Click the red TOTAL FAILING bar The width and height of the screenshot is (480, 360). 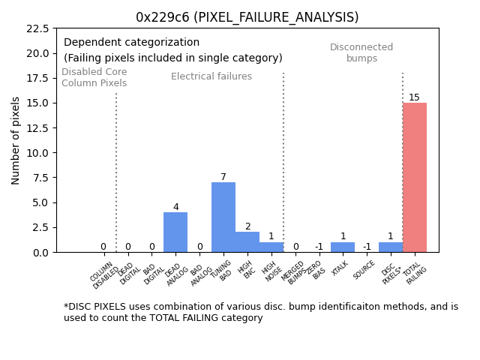[x=414, y=178]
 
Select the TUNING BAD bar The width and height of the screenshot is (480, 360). [x=223, y=217]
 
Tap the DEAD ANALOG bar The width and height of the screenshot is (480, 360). [x=175, y=232]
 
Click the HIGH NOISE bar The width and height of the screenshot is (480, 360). [x=271, y=247]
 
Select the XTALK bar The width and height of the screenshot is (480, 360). [x=343, y=247]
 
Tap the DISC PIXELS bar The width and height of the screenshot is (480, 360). [x=390, y=247]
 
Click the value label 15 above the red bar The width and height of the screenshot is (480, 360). [x=414, y=97]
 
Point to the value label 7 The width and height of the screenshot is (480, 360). [x=223, y=177]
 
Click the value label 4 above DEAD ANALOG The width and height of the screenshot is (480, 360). [x=175, y=207]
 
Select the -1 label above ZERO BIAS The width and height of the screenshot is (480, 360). [x=319, y=247]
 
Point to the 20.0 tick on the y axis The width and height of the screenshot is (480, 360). [x=38, y=53]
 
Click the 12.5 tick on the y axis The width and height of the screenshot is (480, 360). [x=38, y=128]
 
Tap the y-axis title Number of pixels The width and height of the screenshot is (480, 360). [x=16, y=140]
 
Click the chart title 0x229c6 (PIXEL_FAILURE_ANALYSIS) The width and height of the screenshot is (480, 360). [x=247, y=17]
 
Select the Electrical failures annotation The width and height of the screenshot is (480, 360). [x=211, y=76]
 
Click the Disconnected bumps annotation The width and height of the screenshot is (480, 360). [x=361, y=52]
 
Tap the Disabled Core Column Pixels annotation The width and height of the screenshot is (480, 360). [x=94, y=77]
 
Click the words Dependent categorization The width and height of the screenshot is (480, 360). [x=132, y=43]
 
